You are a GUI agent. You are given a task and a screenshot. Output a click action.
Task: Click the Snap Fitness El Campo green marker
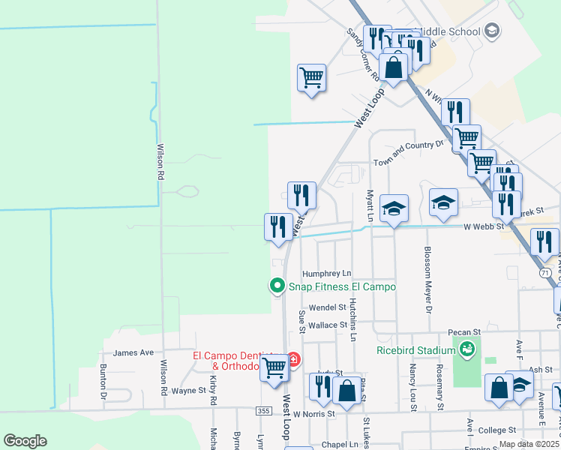(x=277, y=285)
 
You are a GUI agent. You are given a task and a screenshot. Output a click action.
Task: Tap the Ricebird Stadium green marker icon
(x=468, y=349)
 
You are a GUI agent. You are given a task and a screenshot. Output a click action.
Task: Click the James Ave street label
(x=133, y=352)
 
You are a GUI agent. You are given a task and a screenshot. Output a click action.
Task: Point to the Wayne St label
(x=188, y=391)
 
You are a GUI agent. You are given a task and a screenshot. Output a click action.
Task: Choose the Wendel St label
(x=327, y=307)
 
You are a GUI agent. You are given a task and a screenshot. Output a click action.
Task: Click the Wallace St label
(x=328, y=325)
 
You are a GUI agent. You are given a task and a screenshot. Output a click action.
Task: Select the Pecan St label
(x=464, y=331)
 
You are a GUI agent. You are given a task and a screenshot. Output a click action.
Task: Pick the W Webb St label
(x=483, y=226)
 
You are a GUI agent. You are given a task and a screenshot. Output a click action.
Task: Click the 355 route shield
(x=262, y=411)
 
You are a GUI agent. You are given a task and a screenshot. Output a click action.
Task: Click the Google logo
(x=25, y=441)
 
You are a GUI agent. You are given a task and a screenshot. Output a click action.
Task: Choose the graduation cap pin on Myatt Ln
(x=394, y=208)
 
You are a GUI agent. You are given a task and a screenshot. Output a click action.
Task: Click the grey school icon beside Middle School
(x=492, y=31)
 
